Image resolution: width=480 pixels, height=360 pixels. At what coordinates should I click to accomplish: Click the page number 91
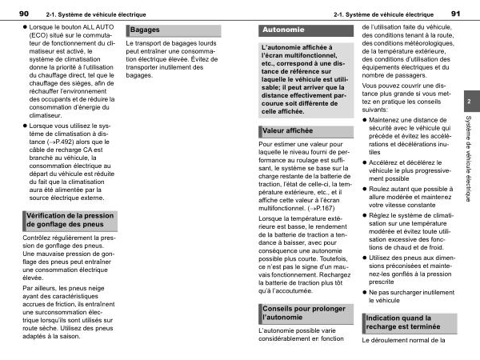click(456, 14)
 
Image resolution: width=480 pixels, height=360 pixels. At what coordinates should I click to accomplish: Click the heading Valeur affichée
click(287, 130)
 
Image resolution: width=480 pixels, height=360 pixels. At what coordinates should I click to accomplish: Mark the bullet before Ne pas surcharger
click(365, 293)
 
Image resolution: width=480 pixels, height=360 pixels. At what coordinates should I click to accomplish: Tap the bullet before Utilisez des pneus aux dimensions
click(365, 259)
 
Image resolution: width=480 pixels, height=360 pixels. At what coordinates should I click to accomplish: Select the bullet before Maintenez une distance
click(365, 118)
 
